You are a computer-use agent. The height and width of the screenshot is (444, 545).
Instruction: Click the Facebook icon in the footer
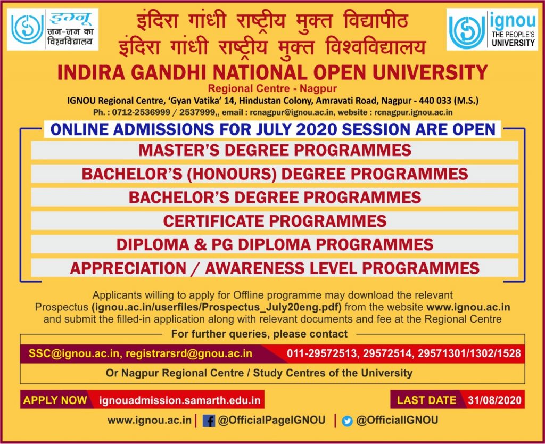click(x=209, y=421)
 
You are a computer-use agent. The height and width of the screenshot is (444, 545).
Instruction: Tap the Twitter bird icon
click(x=347, y=421)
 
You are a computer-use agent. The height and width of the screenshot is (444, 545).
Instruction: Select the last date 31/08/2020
click(x=494, y=400)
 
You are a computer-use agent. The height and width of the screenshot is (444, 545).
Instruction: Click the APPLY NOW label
click(x=55, y=400)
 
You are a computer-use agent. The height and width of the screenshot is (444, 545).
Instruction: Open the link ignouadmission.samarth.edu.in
click(x=180, y=400)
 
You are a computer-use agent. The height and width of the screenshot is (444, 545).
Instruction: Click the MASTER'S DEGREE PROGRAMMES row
click(x=275, y=150)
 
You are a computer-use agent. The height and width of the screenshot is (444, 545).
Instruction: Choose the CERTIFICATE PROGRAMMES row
click(x=275, y=221)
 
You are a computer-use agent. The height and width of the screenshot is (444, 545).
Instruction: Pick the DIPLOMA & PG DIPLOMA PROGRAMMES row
click(x=275, y=244)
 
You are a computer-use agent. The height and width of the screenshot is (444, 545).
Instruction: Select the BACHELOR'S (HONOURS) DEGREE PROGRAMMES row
click(x=275, y=174)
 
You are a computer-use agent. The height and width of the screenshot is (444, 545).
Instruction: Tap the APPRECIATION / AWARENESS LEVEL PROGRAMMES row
click(x=275, y=268)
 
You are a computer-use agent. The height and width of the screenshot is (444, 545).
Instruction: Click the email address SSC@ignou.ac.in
click(x=74, y=353)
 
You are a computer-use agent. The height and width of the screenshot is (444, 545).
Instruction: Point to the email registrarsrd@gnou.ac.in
click(x=189, y=353)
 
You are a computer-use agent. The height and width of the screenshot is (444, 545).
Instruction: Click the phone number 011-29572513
click(x=322, y=353)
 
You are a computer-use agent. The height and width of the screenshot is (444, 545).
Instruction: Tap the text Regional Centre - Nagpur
click(x=272, y=88)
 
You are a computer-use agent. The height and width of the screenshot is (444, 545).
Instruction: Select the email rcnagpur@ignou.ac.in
click(x=292, y=112)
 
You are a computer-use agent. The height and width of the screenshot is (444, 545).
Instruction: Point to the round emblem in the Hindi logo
click(x=27, y=29)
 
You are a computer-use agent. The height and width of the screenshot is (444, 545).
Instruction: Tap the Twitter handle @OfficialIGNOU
click(x=397, y=421)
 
